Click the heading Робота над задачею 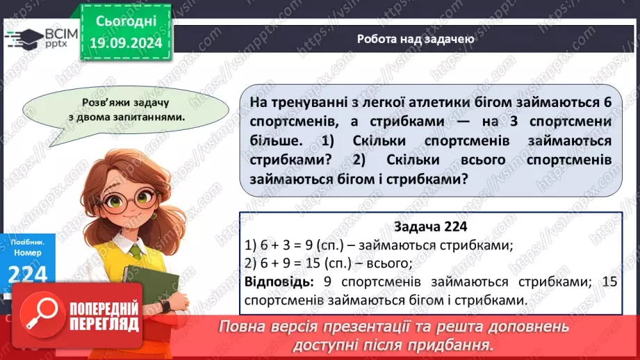[416, 39]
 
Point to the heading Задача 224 [430, 227]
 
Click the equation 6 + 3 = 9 [284, 245]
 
